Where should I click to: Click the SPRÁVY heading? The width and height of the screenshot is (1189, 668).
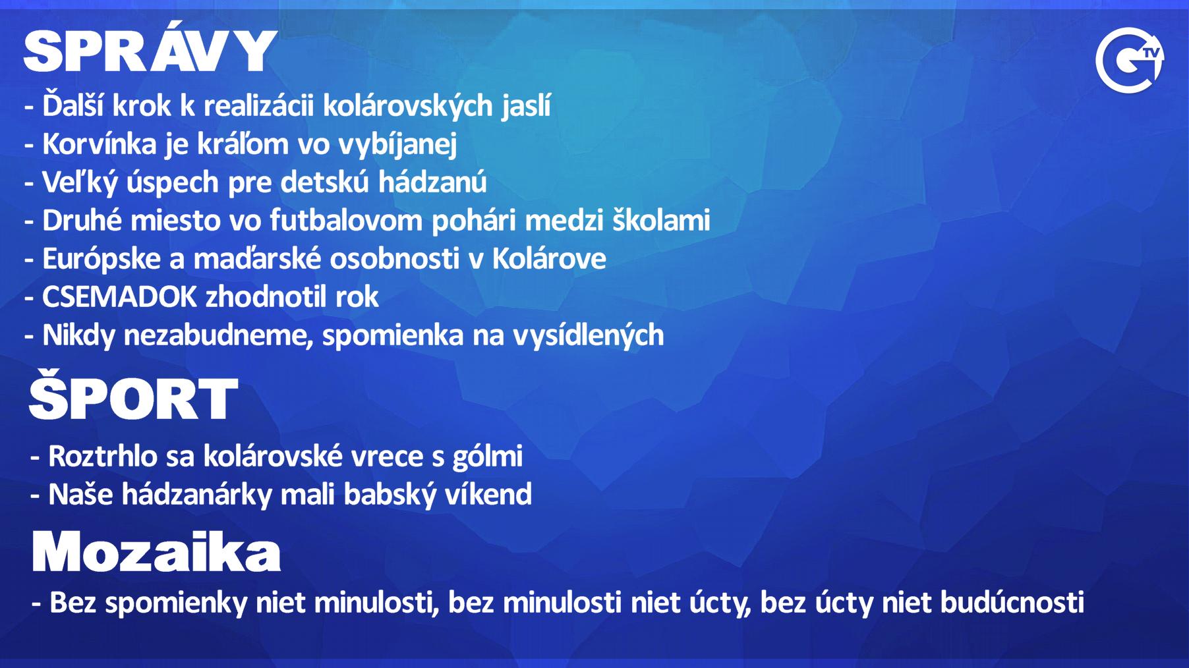[150, 50]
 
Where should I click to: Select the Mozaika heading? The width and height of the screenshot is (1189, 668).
[156, 552]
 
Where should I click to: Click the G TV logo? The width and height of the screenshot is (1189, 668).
[1129, 60]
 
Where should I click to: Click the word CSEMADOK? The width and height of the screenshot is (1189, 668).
[119, 297]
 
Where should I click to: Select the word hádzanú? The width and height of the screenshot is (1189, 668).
[432, 182]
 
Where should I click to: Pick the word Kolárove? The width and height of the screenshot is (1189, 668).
[549, 258]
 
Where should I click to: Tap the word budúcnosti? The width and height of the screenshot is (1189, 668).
[1012, 602]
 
